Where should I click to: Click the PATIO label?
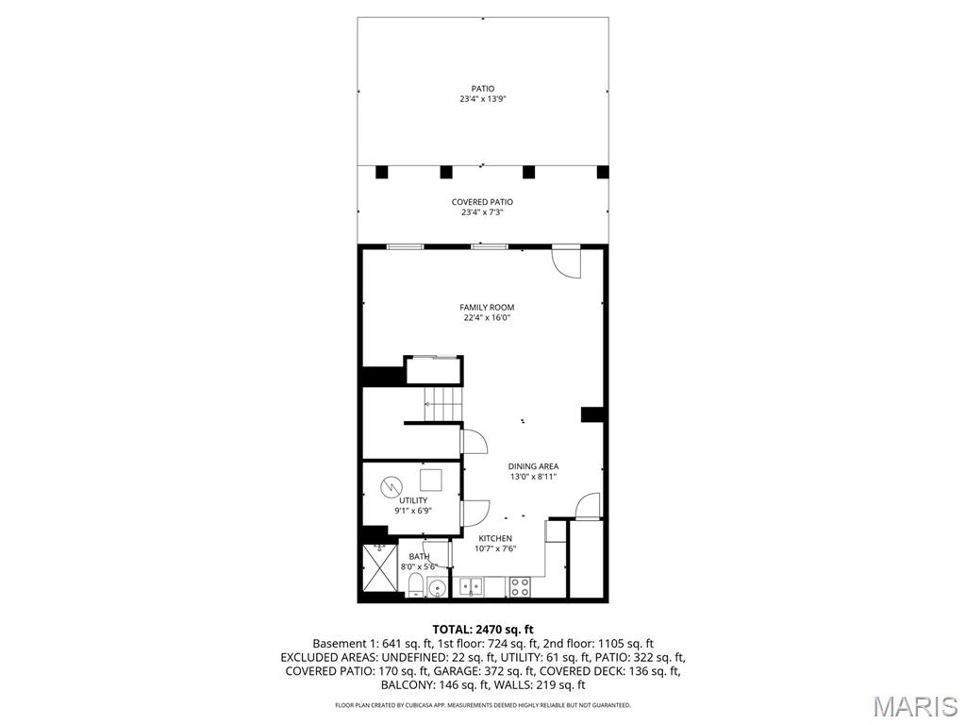pyautogui.click(x=482, y=89)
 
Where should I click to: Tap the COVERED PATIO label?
pyautogui.click(x=482, y=202)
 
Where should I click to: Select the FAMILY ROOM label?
pyautogui.click(x=487, y=307)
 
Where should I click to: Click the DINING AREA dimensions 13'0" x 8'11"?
pyautogui.click(x=533, y=478)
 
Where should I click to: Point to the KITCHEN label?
pyautogui.click(x=495, y=538)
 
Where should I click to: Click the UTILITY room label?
pyautogui.click(x=413, y=500)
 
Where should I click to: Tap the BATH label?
pyautogui.click(x=419, y=556)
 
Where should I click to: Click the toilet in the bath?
pyautogui.click(x=416, y=586)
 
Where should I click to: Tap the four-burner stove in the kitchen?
pyautogui.click(x=520, y=586)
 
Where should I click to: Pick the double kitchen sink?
pyautogui.click(x=471, y=586)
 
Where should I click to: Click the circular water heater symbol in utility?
pyautogui.click(x=391, y=487)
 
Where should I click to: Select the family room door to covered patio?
pyautogui.click(x=567, y=261)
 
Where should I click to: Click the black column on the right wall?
pyautogui.click(x=592, y=413)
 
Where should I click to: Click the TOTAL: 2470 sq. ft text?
pyautogui.click(x=483, y=629)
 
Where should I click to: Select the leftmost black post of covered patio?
pyautogui.click(x=382, y=172)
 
